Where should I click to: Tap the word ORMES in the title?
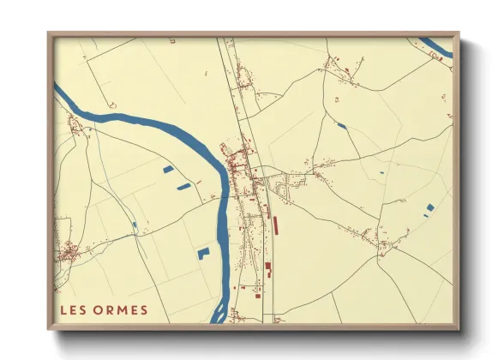[x=121, y=310]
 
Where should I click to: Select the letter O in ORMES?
[x=98, y=310]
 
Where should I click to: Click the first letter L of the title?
[x=63, y=310]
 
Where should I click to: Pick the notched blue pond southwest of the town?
[x=203, y=253]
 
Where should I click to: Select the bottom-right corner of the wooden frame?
[x=457, y=328]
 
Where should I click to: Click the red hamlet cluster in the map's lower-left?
[x=69, y=252]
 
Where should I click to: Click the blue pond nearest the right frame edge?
[x=430, y=207]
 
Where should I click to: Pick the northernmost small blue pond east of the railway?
[x=343, y=127]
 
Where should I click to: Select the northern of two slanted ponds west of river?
[x=167, y=170]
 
